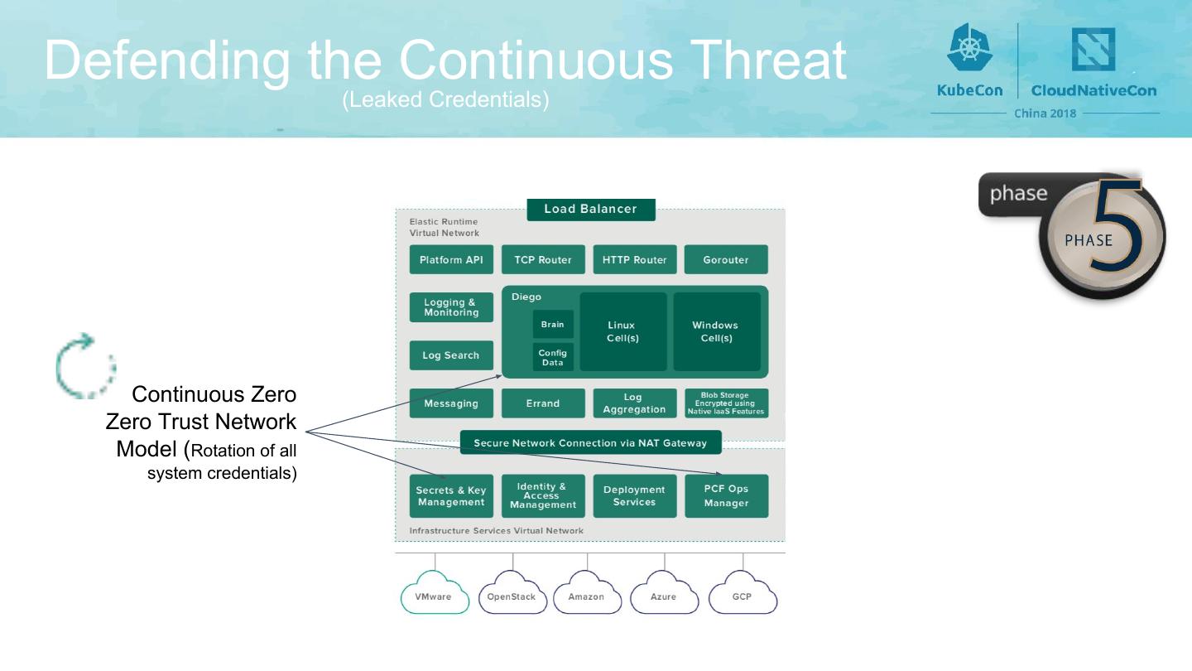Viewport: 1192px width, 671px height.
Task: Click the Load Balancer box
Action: point(590,209)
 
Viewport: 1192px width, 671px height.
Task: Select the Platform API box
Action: point(451,259)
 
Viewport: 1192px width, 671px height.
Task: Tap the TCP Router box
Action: point(543,259)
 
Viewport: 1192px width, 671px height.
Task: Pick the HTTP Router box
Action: point(635,259)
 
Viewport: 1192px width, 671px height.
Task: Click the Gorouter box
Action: point(726,259)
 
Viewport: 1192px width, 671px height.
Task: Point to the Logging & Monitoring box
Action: point(451,307)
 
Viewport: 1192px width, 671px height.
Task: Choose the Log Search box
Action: point(451,355)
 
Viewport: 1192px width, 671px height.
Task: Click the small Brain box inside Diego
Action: point(553,324)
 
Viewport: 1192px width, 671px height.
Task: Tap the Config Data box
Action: point(553,358)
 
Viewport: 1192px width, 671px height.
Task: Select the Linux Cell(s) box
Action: point(622,331)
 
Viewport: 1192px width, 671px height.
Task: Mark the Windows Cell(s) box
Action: point(716,331)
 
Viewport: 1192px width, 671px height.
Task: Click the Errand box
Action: point(543,403)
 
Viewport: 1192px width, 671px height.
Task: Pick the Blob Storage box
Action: point(726,403)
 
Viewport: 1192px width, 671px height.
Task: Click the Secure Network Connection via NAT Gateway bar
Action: point(590,443)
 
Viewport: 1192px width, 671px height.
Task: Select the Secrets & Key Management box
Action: point(451,495)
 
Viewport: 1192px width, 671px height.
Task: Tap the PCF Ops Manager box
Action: point(726,495)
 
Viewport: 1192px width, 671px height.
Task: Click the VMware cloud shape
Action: point(435,596)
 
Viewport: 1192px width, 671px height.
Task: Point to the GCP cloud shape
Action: point(743,596)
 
